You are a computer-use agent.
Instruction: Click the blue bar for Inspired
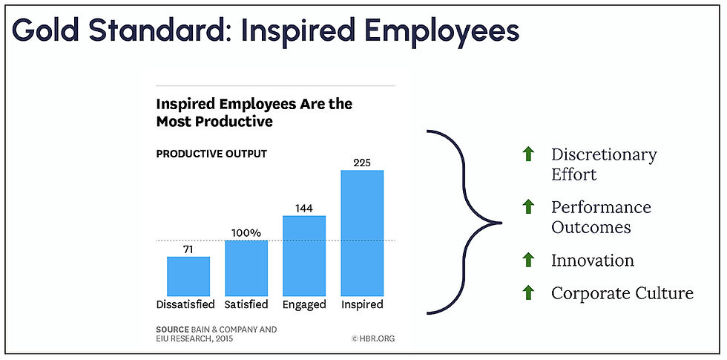click(362, 233)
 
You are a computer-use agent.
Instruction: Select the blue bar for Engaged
click(304, 255)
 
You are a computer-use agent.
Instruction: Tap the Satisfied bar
click(246, 268)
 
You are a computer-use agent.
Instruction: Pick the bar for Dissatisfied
click(188, 276)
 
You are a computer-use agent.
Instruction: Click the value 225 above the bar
click(362, 163)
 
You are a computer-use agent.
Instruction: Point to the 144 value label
click(304, 209)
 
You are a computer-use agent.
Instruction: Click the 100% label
click(246, 233)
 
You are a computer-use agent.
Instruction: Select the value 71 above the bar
click(188, 249)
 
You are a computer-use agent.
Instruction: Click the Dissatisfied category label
click(185, 305)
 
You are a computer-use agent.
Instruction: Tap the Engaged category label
click(304, 305)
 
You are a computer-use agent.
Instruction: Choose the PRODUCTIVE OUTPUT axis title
click(211, 154)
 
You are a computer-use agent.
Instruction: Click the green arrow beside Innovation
click(527, 260)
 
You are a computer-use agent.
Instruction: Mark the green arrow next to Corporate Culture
click(527, 292)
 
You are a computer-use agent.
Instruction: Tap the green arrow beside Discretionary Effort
click(527, 154)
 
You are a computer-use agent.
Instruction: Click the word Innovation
click(593, 261)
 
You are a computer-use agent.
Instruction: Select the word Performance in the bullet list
click(601, 207)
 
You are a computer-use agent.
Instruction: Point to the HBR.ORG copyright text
click(373, 339)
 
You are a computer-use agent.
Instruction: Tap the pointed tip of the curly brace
click(501, 223)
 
